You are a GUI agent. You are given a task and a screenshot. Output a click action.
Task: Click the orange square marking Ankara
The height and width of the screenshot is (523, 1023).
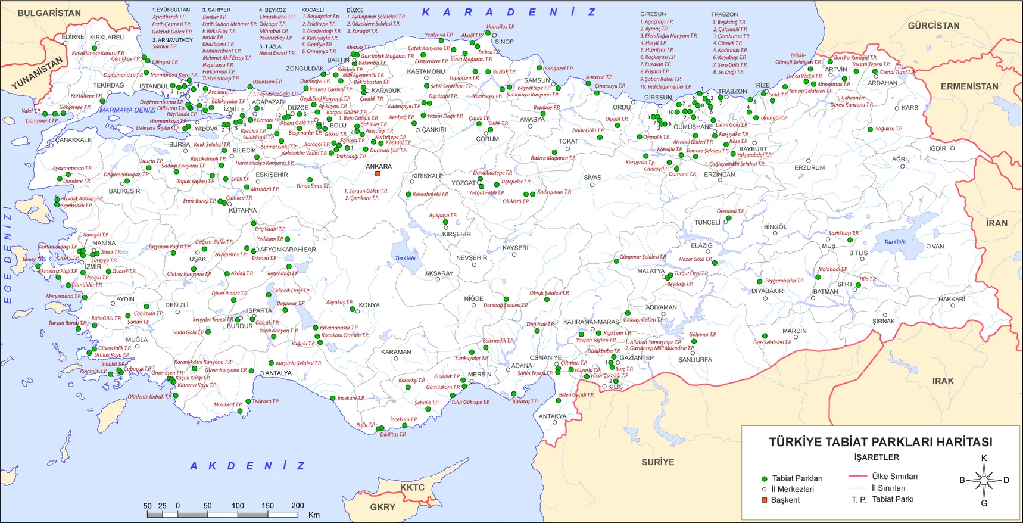[378, 174]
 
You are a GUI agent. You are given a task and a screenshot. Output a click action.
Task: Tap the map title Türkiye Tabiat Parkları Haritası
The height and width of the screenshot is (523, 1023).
[880, 442]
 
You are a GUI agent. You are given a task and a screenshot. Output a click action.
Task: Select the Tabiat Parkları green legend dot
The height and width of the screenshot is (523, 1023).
[765, 479]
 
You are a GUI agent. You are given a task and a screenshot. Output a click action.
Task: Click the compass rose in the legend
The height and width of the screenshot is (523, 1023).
[984, 480]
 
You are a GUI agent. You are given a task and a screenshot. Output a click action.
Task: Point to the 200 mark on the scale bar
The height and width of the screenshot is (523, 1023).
[297, 506]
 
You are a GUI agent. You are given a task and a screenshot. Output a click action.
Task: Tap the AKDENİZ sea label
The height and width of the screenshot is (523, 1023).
[247, 466]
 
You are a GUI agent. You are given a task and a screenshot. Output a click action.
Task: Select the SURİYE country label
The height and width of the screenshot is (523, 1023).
[657, 462]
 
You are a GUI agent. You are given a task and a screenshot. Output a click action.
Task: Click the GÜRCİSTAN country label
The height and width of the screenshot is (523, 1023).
[933, 26]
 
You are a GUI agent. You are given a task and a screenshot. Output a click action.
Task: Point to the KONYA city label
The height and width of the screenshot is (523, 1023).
[369, 305]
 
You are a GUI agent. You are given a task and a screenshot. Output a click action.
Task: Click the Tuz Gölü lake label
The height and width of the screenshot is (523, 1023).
[405, 258]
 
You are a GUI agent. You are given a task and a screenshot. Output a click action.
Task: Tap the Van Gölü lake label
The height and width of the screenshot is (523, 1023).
[894, 242]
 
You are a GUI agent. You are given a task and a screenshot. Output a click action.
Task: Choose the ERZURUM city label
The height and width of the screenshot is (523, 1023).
[809, 168]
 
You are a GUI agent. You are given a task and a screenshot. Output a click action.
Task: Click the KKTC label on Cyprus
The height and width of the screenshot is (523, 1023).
[412, 487]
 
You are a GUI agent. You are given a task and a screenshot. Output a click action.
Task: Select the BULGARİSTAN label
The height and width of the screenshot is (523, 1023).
[49, 13]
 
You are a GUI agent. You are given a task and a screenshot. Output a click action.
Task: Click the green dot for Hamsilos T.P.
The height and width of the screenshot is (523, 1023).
[488, 33]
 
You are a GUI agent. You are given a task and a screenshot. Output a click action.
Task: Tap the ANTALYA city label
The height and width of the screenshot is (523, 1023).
[278, 373]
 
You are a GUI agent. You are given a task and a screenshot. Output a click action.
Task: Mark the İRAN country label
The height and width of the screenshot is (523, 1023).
[996, 223]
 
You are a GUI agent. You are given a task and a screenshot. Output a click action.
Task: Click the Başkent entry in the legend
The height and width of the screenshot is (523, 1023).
[785, 500]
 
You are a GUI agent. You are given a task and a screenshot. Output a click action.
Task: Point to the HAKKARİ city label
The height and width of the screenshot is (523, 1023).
[952, 299]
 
